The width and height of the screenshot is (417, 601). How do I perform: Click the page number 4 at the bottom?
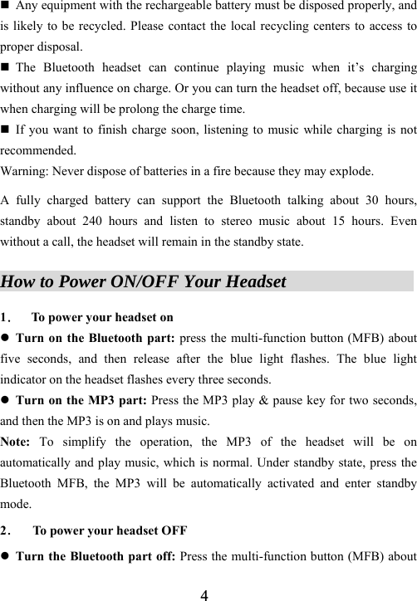[204, 594]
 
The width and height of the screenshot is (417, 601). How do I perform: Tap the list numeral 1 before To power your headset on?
[6, 317]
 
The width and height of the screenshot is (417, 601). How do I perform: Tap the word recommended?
[38, 152]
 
